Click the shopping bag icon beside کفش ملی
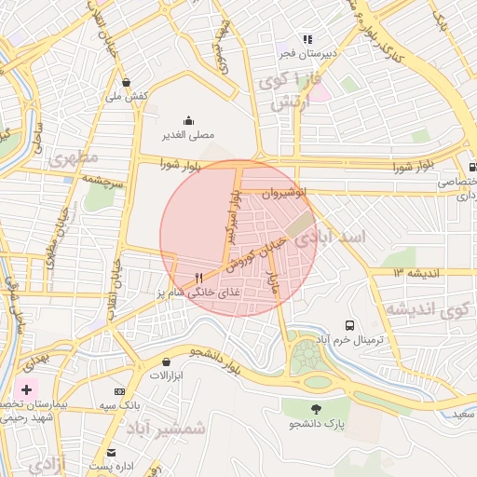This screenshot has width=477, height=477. (x=126, y=81)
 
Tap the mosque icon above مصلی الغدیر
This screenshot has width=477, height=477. (x=189, y=119)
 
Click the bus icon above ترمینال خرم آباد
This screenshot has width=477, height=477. (x=348, y=325)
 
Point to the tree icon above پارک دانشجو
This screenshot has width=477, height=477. (x=316, y=409)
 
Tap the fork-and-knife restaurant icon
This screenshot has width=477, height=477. (x=198, y=278)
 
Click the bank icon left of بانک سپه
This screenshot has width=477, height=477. (x=119, y=392)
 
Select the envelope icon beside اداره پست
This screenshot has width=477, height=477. (x=112, y=452)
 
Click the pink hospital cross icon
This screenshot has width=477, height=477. (x=26, y=388)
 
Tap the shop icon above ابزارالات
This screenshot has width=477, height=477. (x=166, y=361)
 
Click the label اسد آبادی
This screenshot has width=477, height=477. (x=331, y=238)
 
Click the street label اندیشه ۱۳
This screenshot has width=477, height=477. (x=411, y=273)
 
